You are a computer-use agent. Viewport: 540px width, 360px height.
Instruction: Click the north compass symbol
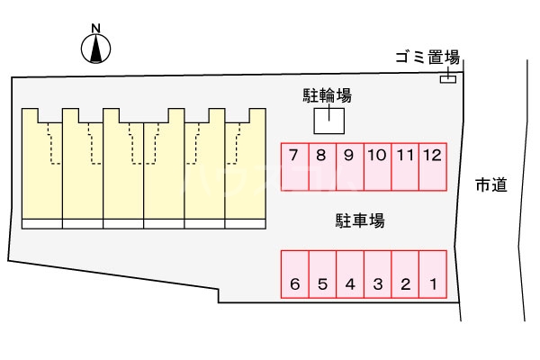point(96,49)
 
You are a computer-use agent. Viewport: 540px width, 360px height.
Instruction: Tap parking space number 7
point(294,166)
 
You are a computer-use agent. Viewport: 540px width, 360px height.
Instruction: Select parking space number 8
point(321,166)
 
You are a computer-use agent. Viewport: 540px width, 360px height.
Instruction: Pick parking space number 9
point(349,166)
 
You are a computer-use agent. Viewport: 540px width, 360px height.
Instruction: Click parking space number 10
point(377,166)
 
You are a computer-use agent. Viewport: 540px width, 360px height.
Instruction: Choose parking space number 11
point(405,166)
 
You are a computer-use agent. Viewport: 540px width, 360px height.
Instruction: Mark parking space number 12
point(432,166)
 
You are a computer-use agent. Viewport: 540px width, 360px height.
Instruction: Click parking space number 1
point(433,274)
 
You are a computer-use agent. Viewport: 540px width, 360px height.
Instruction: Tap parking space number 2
point(405,274)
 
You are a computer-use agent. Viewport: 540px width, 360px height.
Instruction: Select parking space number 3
point(378,274)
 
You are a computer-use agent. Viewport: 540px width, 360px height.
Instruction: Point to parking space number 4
point(350,274)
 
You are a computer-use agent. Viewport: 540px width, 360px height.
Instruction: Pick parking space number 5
point(322,274)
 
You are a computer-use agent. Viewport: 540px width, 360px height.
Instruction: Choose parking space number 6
point(294,274)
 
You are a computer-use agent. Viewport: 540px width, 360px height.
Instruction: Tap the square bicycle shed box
point(328,120)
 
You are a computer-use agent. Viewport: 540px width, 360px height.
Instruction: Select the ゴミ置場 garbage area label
point(427,58)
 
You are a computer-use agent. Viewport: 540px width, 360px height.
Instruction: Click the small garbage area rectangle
point(447,80)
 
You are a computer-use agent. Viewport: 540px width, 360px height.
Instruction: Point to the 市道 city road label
point(491,185)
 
